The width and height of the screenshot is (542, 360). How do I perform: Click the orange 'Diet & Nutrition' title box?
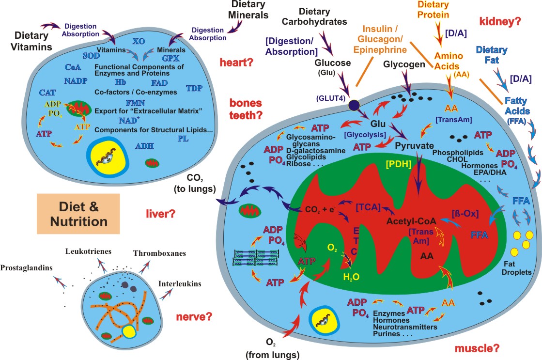coord(78,214)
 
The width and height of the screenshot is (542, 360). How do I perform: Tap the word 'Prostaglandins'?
coord(26,268)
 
